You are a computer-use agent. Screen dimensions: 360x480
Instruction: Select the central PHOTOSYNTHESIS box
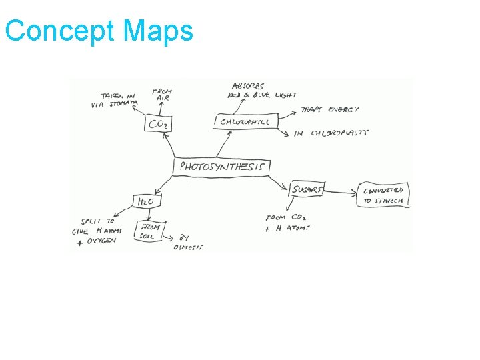coord(222,166)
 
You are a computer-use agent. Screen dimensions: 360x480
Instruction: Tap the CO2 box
coord(158,124)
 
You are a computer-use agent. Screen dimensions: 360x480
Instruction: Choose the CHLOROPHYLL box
coord(246,121)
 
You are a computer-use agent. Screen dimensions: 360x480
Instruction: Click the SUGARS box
coord(307,190)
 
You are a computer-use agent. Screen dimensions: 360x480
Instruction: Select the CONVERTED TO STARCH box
coord(383,195)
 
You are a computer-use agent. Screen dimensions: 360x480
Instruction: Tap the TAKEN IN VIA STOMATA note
coord(115,100)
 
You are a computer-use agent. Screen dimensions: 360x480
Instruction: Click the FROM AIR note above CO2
coord(162,94)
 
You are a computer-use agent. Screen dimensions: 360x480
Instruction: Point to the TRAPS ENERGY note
coord(330,109)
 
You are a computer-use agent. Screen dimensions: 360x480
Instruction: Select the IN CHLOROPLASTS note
coord(331,133)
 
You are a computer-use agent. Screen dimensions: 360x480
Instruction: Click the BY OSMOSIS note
coord(189,242)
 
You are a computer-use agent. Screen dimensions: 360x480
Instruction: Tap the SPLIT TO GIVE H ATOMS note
coord(99,231)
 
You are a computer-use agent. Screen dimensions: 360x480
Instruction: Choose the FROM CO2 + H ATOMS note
coord(287,223)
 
